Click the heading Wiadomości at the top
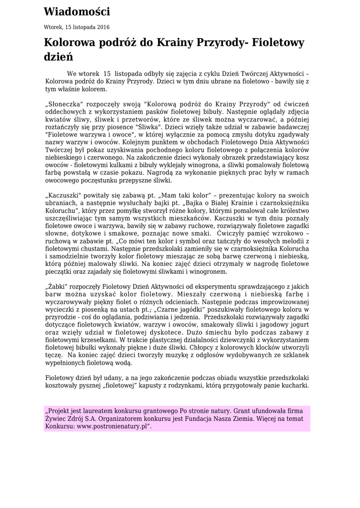point(76,12)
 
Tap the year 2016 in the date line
point(103,27)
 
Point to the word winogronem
point(210,271)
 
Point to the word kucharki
point(294,385)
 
